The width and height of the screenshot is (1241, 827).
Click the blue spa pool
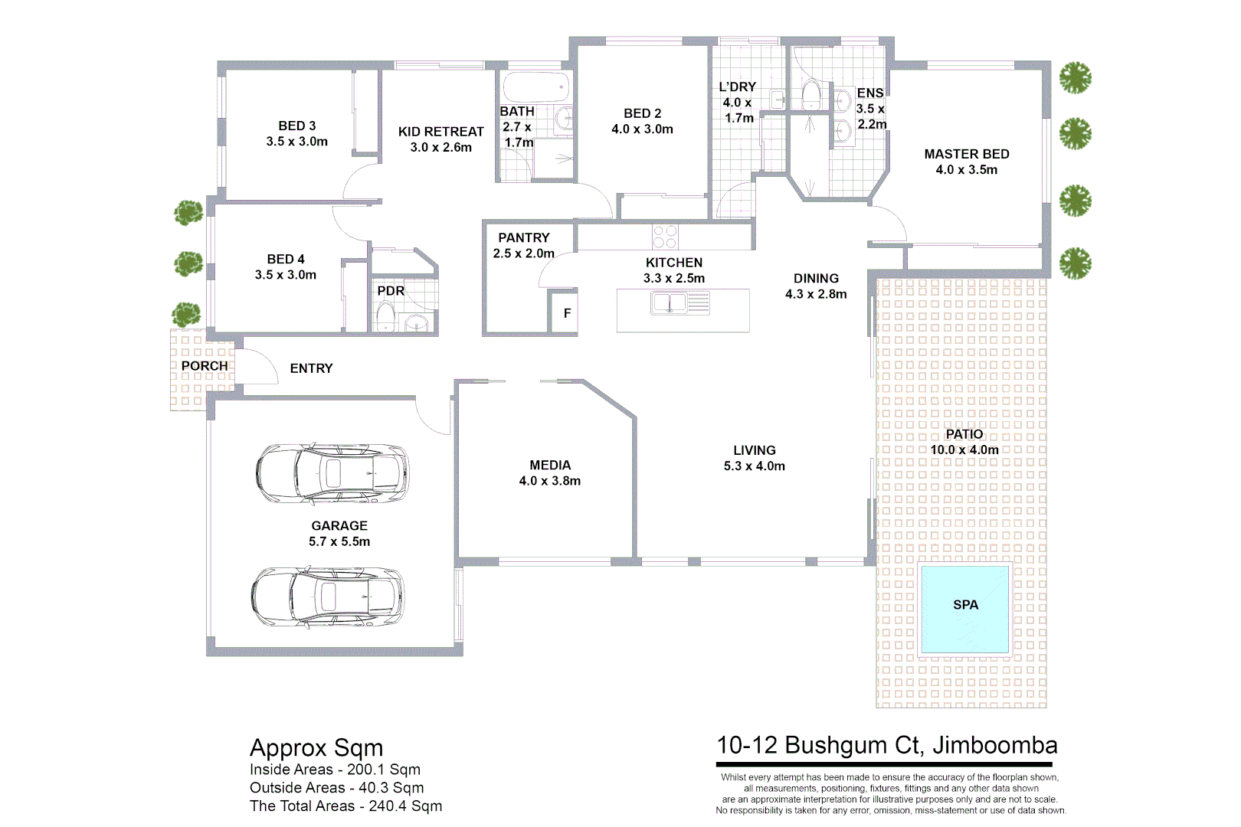(x=964, y=610)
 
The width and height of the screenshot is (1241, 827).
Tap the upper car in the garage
(x=332, y=472)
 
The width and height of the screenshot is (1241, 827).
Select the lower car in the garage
(x=328, y=597)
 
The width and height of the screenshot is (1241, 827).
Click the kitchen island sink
(x=670, y=303)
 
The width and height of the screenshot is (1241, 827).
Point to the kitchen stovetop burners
(x=665, y=237)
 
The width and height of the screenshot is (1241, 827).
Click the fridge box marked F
(x=567, y=313)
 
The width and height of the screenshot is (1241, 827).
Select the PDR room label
(x=391, y=291)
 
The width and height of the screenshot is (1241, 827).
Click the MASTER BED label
(x=966, y=154)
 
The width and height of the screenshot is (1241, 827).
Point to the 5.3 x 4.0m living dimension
(x=754, y=466)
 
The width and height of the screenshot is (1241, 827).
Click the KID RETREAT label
(x=440, y=132)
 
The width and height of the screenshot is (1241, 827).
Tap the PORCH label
(x=205, y=366)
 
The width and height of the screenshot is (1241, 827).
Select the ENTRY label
(x=311, y=368)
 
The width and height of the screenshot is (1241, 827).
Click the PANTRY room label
(x=523, y=238)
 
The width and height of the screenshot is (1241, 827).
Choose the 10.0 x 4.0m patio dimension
(x=964, y=450)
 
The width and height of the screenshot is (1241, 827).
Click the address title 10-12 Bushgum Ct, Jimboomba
(x=886, y=745)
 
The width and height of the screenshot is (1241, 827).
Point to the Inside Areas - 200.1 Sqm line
(x=335, y=770)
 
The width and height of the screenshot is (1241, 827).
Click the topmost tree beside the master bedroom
(x=1075, y=77)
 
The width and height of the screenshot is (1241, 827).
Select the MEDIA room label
(x=549, y=465)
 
